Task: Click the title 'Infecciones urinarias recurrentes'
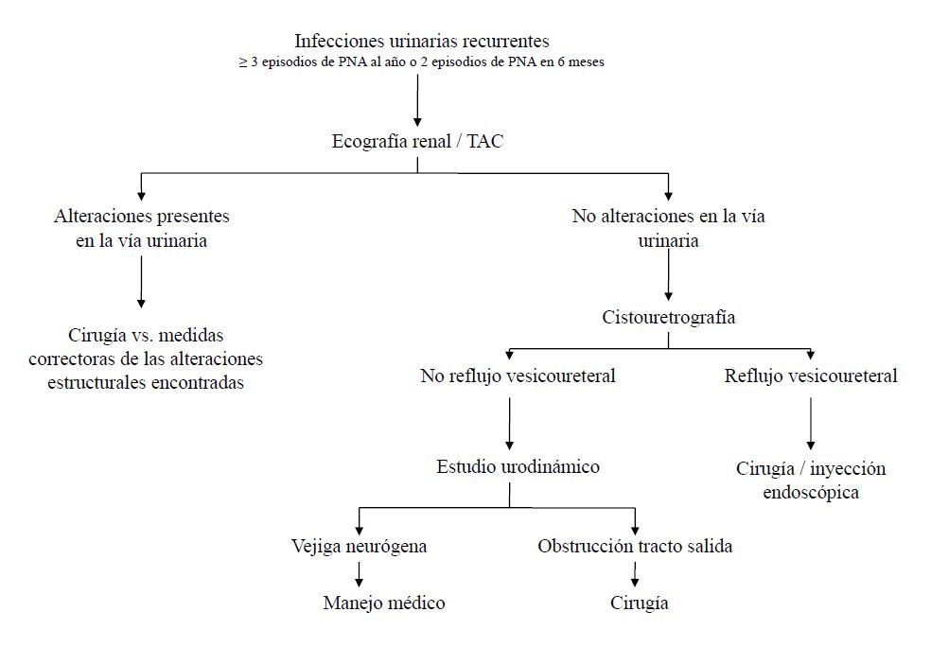(422, 41)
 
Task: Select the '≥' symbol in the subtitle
(242, 62)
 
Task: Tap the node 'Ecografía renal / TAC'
(417, 142)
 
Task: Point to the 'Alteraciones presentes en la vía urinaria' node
(142, 228)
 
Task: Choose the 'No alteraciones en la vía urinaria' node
(669, 228)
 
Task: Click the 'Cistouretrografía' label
(669, 317)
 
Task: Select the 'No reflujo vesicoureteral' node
(518, 376)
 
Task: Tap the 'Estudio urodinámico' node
(518, 466)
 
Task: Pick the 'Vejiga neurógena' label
(359, 546)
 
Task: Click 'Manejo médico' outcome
(383, 603)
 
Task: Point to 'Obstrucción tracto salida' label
(635, 546)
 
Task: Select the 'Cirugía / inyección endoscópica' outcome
(811, 480)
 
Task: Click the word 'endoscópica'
(811, 492)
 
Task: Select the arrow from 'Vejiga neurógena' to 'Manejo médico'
(360, 573)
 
